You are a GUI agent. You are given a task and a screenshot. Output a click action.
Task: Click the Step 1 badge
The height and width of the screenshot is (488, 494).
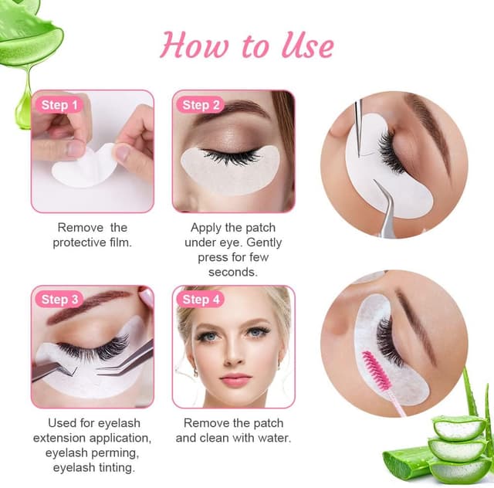(x=59, y=105)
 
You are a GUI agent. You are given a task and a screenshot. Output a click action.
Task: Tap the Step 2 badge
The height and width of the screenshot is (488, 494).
(x=201, y=105)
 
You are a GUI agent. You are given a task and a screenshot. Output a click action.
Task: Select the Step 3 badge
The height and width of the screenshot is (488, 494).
(x=59, y=300)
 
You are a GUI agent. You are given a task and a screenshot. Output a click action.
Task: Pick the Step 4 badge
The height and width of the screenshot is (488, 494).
(x=201, y=300)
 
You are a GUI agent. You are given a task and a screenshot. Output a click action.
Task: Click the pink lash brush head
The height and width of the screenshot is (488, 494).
(x=376, y=370)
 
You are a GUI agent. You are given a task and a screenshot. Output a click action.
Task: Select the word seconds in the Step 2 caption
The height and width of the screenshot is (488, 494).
(x=233, y=272)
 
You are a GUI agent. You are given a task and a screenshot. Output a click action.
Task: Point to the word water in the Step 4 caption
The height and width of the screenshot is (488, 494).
(x=275, y=438)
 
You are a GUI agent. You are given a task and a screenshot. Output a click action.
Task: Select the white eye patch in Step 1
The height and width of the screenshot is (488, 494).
(x=84, y=167)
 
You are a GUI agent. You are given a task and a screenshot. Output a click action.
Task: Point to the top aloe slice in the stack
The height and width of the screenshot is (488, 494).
(x=459, y=428)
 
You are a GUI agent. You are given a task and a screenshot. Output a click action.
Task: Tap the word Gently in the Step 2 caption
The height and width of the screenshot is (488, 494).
(x=264, y=242)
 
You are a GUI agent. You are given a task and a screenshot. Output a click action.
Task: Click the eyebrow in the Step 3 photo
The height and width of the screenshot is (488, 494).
(x=88, y=303)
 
